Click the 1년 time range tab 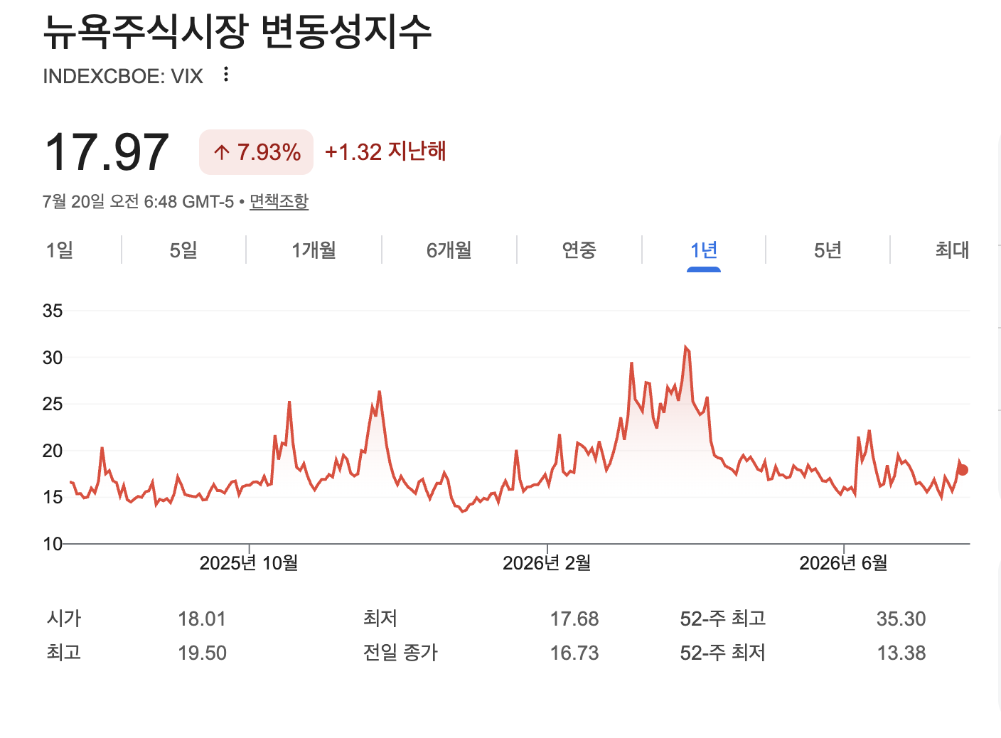[703, 250]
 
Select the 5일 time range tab [183, 250]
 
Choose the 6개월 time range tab [449, 250]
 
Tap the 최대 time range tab [952, 250]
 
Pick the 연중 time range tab [579, 250]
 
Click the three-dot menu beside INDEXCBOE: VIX [226, 74]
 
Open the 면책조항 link [279, 202]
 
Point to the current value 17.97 [107, 152]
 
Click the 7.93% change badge [256, 152]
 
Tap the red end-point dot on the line [963, 470]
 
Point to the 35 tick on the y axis [53, 311]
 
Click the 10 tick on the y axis [53, 544]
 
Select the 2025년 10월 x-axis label [248, 563]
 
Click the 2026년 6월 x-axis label [843, 563]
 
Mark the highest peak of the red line [685, 347]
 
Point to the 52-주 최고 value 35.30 [901, 619]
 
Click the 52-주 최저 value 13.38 [901, 653]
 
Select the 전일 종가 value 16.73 [574, 653]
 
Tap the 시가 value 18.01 [202, 619]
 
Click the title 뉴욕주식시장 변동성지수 [237, 31]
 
